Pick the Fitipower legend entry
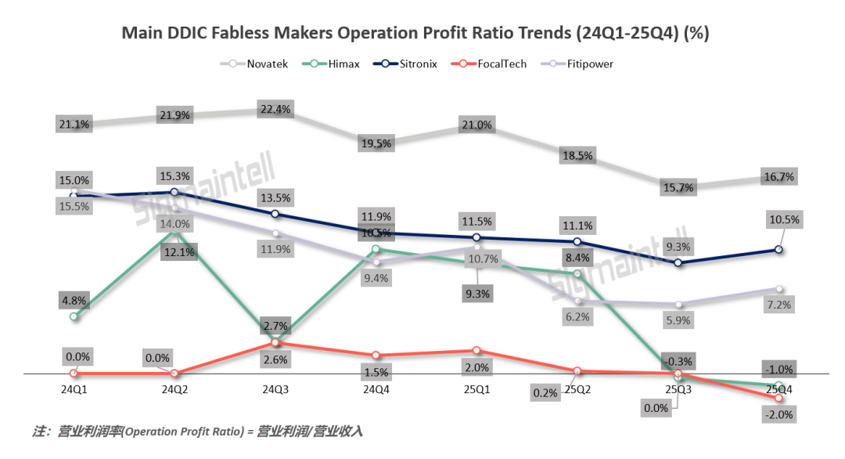pyautogui.click(x=579, y=63)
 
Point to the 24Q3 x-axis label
pyautogui.click(x=275, y=389)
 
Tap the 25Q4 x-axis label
pyautogui.click(x=779, y=389)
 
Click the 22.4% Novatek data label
pyautogui.click(x=275, y=110)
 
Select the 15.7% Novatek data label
pyautogui.click(x=678, y=188)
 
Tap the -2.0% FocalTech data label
pyautogui.click(x=779, y=414)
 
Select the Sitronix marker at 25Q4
pyautogui.click(x=779, y=250)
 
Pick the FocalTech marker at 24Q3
pyautogui.click(x=275, y=343)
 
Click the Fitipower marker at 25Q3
pyautogui.click(x=678, y=305)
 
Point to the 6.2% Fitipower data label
pyautogui.click(x=577, y=317)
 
